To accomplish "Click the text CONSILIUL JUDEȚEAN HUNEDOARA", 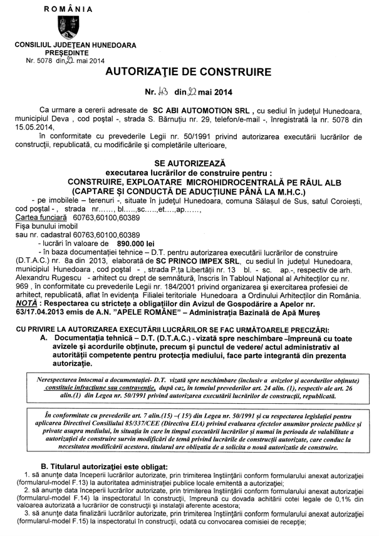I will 67,46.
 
